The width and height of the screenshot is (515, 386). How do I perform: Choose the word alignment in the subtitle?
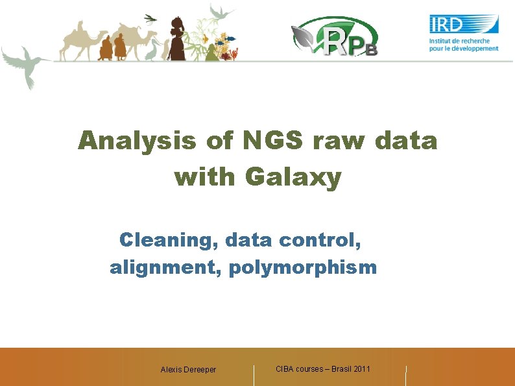165,266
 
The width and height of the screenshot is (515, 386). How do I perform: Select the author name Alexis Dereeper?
188,370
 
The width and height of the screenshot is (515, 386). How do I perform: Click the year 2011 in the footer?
360,368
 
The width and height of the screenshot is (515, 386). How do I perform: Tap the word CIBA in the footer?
285,368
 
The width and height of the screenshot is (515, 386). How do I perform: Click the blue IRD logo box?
464,25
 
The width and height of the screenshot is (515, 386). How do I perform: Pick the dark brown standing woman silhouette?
177,39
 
